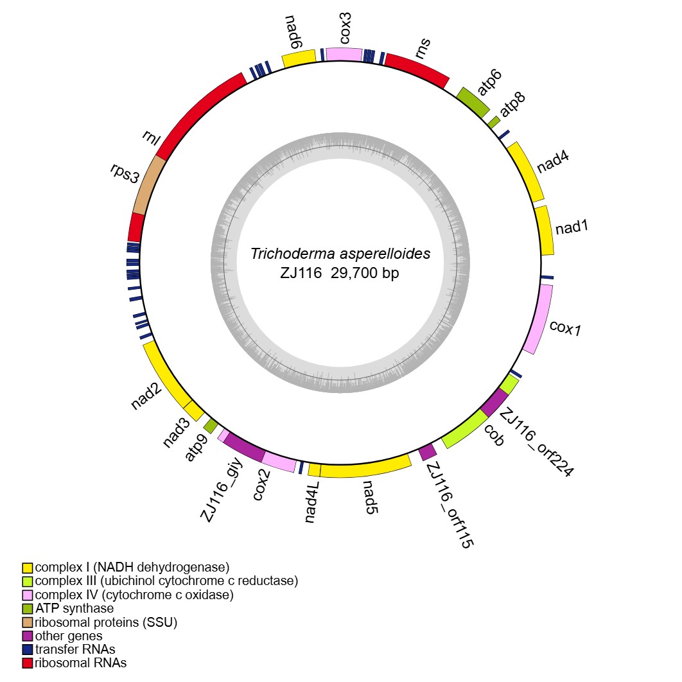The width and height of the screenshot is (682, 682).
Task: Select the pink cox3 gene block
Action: [x=344, y=55]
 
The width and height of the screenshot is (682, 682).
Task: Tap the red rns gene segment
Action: [x=416, y=70]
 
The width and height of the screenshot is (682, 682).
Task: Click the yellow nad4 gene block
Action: [x=527, y=173]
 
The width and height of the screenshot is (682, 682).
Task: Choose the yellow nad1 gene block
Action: [x=545, y=231]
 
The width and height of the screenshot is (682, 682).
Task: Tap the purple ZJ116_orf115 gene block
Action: [x=428, y=451]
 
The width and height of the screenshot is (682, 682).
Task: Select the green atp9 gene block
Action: [x=210, y=424]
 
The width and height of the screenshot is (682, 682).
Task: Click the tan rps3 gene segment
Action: [x=148, y=185]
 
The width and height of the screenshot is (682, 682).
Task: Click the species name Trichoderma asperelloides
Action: [x=340, y=254]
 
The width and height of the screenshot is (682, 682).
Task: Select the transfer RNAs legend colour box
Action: [x=28, y=649]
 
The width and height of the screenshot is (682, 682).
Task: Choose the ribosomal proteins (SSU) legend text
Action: [x=106, y=622]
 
